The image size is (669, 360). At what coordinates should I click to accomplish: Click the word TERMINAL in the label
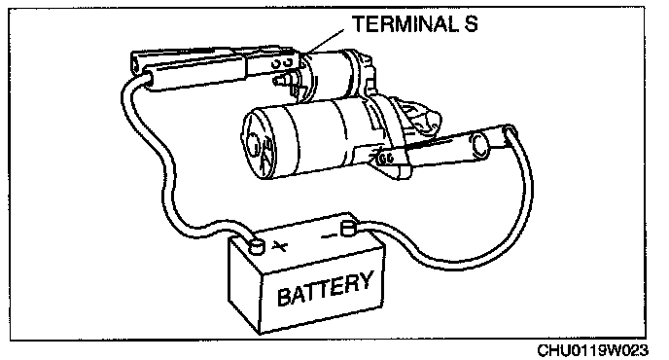pos(405,24)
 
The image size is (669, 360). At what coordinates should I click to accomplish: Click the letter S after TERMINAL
pos(471,24)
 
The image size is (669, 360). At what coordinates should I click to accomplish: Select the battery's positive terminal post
pos(257,246)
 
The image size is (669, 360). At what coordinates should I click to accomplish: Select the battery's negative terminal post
pos(348,229)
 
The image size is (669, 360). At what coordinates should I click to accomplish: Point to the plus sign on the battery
pos(279,246)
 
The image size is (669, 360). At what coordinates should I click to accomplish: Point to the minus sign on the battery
pos(329,234)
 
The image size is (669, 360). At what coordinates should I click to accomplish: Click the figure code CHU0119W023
pos(592,350)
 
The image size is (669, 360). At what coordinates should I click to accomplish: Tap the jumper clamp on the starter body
pos(443,150)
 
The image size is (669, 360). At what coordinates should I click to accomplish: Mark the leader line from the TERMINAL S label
pos(326,42)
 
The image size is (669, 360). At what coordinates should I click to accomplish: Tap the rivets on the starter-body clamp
pos(386,159)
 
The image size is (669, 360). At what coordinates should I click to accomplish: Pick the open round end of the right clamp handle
pos(481,144)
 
